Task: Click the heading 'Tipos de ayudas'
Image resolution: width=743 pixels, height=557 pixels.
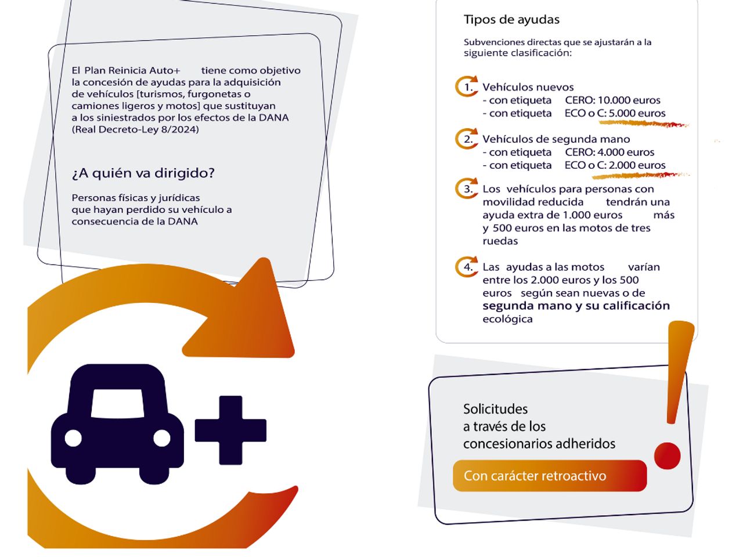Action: (511, 20)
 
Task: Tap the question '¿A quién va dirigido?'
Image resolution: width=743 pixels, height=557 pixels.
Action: (143, 173)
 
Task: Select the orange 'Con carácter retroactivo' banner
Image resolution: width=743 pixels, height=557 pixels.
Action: (550, 476)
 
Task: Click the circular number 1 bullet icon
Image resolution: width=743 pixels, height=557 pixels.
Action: (467, 86)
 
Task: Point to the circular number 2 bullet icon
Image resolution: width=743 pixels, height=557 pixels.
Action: (467, 139)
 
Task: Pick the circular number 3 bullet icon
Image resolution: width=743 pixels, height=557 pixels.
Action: (467, 188)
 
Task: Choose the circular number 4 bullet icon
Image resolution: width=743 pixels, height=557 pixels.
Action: (467, 266)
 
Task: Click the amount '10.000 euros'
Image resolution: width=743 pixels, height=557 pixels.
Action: (629, 100)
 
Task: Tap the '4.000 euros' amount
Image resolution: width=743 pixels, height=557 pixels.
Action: (626, 152)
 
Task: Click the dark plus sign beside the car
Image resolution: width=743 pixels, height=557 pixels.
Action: (230, 430)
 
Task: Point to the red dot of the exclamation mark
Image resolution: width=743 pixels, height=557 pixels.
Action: (667, 455)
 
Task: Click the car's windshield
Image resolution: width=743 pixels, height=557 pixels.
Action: (117, 404)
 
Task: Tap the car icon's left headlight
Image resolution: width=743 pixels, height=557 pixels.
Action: (73, 438)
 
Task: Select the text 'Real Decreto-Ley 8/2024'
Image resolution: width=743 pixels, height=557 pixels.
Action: (135, 129)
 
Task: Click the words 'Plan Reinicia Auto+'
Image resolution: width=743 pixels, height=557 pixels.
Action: (132, 70)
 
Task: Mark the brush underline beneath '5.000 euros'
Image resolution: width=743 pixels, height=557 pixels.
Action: (644, 124)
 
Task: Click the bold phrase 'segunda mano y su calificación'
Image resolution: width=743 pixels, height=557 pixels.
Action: (576, 306)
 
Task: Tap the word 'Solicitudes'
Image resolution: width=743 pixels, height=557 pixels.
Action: (495, 409)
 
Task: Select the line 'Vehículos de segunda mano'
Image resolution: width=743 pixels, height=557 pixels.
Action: (556, 139)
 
